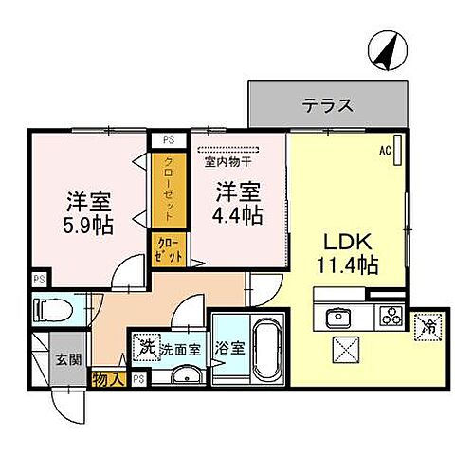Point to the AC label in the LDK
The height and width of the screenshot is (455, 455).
pos(386,150)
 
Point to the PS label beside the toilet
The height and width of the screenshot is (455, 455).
pos(39,280)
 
